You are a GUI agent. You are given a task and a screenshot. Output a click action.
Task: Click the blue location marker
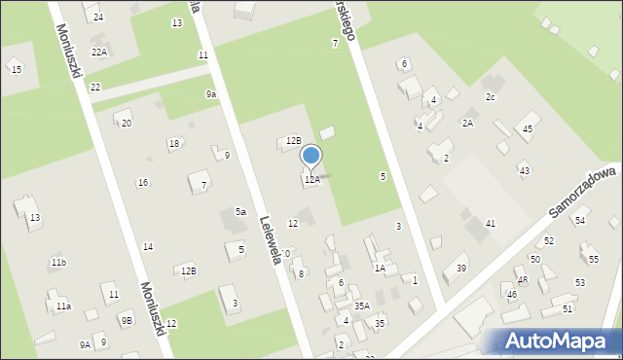coord(311,156)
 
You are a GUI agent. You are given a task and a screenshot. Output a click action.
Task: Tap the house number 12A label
coord(311,180)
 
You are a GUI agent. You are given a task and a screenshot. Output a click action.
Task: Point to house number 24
coord(98,18)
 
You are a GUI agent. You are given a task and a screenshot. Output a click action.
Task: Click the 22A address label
coord(99,53)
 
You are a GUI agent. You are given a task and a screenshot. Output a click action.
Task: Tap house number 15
coord(16,69)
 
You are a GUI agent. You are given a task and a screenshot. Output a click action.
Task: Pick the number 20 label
coord(126,123)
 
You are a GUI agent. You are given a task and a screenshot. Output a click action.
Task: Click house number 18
coord(173,144)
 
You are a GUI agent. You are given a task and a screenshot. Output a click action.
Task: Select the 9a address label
coord(210,93)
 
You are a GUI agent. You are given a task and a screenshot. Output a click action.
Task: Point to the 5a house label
coord(239,212)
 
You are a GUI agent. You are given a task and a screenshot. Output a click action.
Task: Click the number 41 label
coord(491,224)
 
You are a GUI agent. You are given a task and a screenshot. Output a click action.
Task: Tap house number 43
coord(524,170)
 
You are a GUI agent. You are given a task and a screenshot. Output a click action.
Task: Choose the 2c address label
coord(491,97)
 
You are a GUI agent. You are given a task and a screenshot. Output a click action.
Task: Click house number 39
coord(461,269)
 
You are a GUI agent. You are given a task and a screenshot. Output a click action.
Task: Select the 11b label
coord(58,263)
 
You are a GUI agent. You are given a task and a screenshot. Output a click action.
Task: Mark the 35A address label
coord(362,306)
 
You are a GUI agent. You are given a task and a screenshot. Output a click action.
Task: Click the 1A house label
coord(381,268)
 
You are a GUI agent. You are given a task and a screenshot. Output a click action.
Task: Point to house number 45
coord(528,129)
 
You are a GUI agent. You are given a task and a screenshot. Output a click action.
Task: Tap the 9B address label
coord(127,320)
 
